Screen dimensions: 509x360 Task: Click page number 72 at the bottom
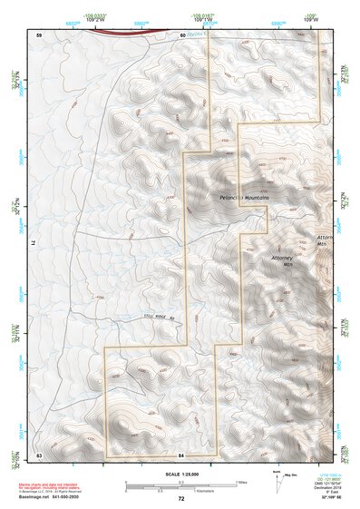(181, 499)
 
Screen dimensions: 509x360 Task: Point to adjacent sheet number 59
(39, 34)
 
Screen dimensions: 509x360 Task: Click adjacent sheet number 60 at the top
(182, 34)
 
